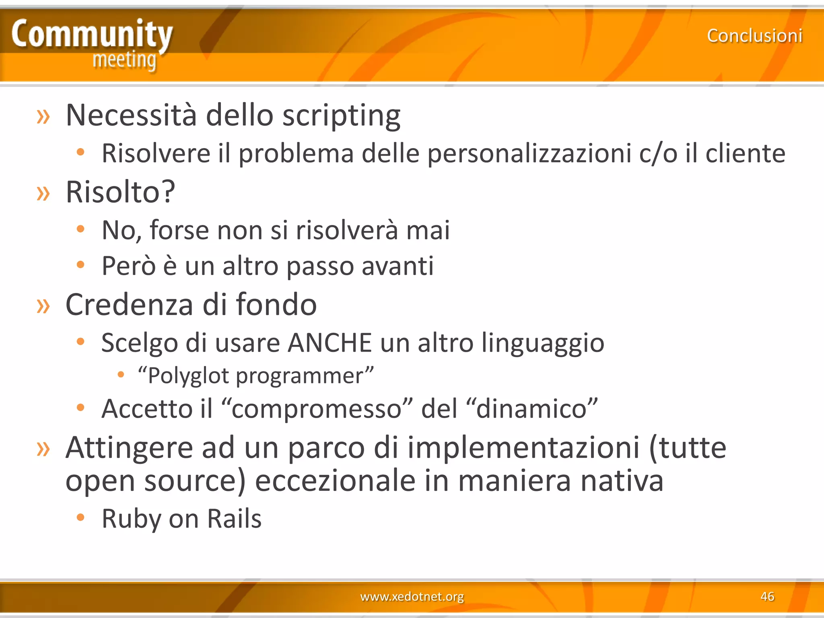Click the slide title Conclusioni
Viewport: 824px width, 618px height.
pyautogui.click(x=755, y=36)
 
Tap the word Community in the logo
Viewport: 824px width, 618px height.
pyautogui.click(x=92, y=35)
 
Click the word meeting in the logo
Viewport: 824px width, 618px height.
pyautogui.click(x=124, y=60)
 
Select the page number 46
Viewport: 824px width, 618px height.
pyautogui.click(x=767, y=596)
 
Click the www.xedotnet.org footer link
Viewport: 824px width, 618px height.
pyautogui.click(x=412, y=596)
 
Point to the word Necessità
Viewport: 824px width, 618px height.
pyautogui.click(x=131, y=115)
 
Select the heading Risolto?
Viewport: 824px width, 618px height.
pyautogui.click(x=120, y=192)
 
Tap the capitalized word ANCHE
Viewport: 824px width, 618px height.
pyautogui.click(x=330, y=343)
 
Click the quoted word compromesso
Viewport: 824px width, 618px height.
pyautogui.click(x=317, y=409)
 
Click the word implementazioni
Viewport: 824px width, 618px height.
pyautogui.click(x=523, y=448)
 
